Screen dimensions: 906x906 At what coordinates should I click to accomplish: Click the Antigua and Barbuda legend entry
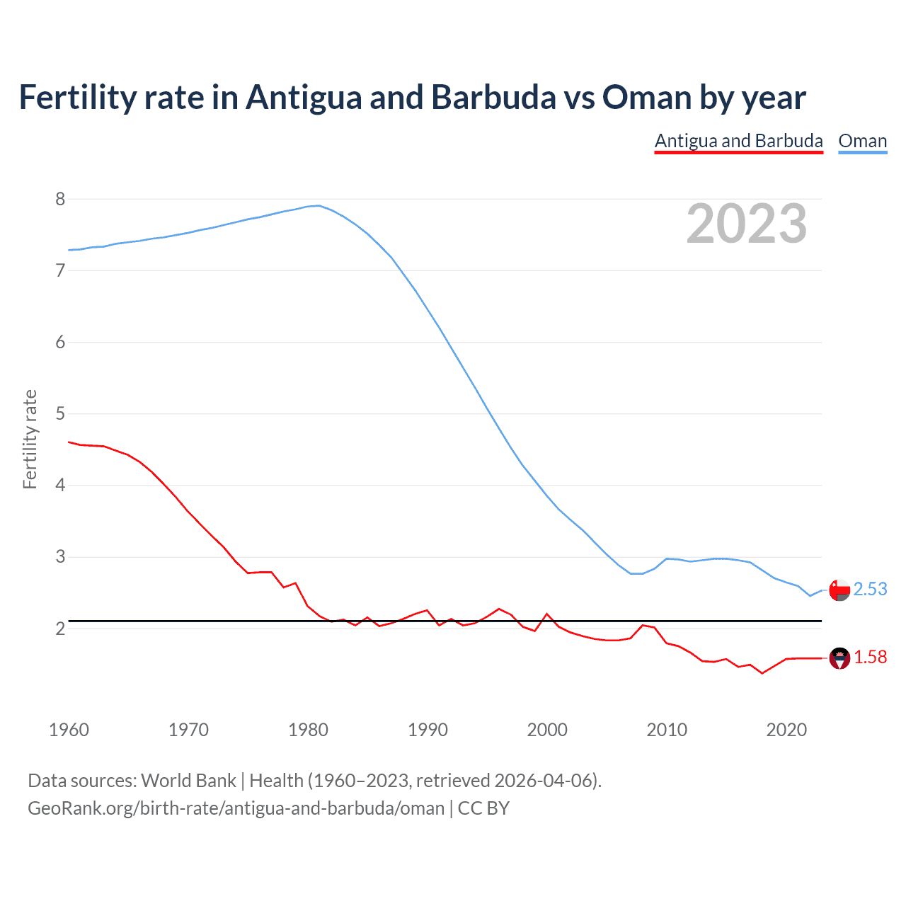click(738, 141)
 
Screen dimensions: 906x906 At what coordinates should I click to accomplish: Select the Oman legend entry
click(862, 141)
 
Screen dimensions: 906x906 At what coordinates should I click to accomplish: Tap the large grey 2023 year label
click(747, 224)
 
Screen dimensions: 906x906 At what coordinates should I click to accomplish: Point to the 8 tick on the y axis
click(60, 199)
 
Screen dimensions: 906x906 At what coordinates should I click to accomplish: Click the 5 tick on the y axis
click(60, 413)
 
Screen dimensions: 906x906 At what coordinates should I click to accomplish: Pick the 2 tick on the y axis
click(60, 629)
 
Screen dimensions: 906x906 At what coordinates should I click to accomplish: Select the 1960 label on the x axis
click(69, 730)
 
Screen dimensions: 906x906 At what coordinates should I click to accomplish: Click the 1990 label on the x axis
click(428, 730)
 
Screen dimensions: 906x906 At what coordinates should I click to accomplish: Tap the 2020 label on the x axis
click(786, 730)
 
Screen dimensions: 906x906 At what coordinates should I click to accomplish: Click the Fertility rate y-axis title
click(30, 439)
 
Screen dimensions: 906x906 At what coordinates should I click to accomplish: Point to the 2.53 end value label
click(870, 589)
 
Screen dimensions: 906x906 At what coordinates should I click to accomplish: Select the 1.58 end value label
click(870, 657)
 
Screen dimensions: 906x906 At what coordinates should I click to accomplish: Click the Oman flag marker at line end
click(839, 590)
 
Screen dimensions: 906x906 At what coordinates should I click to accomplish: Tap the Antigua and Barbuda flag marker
click(839, 658)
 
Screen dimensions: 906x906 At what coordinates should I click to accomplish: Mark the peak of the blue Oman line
click(319, 205)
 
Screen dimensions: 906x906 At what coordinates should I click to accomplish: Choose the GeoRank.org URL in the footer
click(236, 808)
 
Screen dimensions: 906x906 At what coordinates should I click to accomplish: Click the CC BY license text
click(483, 808)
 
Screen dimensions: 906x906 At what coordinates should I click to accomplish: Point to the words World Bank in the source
click(188, 781)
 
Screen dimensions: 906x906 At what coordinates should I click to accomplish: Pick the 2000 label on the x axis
click(547, 730)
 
